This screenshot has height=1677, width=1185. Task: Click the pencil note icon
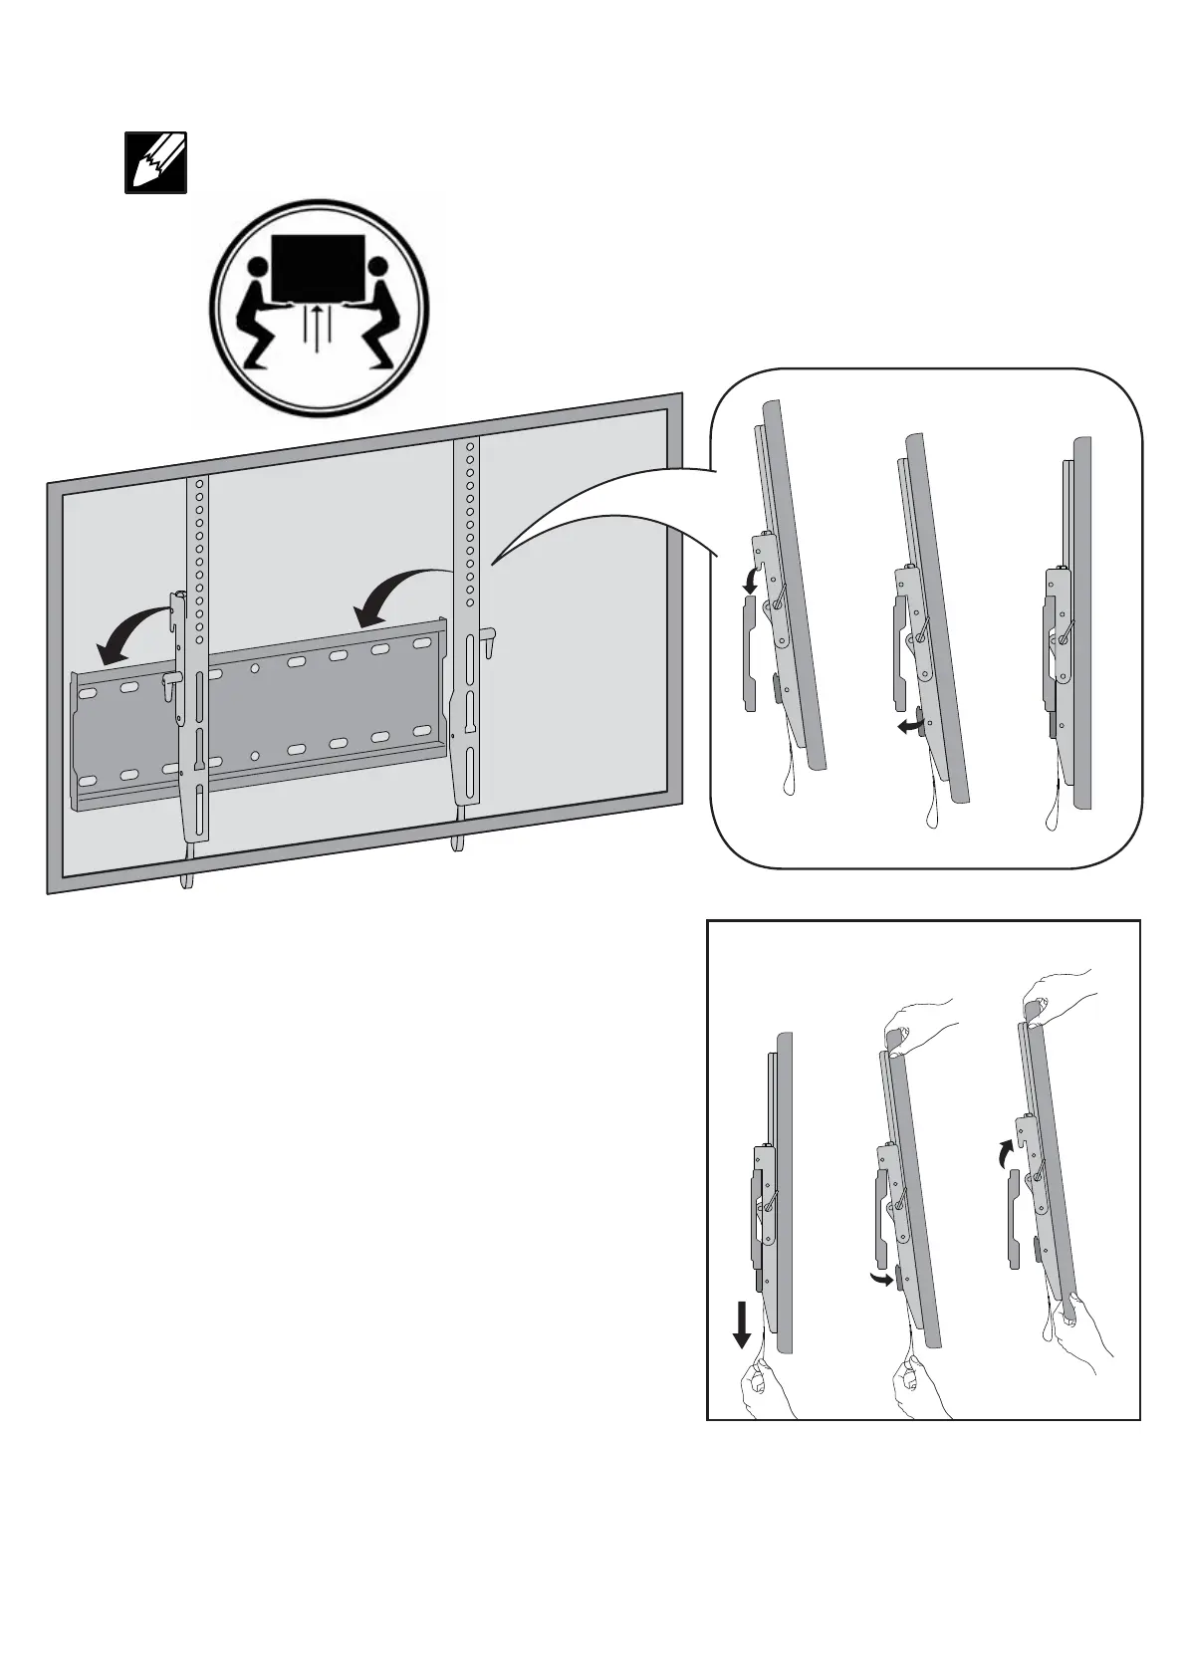(154, 162)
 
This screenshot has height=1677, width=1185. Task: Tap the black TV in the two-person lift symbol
(319, 267)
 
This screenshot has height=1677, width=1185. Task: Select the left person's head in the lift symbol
(257, 268)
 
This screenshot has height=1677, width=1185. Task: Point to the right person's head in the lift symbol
(378, 268)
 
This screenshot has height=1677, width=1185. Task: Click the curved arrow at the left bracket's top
(128, 633)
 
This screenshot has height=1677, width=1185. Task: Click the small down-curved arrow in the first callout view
(753, 579)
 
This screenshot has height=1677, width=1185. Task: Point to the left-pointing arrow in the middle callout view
(907, 728)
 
